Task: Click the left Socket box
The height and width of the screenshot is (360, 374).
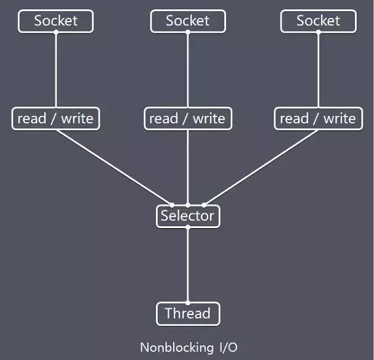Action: pyautogui.click(x=55, y=21)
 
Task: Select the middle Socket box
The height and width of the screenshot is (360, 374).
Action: pyautogui.click(x=187, y=21)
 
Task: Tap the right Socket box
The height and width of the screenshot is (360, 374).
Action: pyautogui.click(x=318, y=21)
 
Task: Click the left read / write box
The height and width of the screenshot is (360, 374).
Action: pyautogui.click(x=55, y=118)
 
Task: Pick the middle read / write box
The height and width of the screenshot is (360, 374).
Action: pyautogui.click(x=187, y=118)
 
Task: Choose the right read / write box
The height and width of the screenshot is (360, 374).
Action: pyautogui.click(x=318, y=118)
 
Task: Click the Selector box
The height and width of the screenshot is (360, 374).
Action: pyautogui.click(x=187, y=216)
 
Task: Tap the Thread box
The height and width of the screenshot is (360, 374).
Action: pyautogui.click(x=187, y=314)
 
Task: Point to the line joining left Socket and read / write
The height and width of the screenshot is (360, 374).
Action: pyautogui.click(x=55, y=70)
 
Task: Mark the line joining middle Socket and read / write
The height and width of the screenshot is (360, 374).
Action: pyautogui.click(x=187, y=70)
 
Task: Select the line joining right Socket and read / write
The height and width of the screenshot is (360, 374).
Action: pyautogui.click(x=318, y=70)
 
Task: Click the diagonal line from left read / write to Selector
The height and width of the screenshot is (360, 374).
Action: pyautogui.click(x=114, y=167)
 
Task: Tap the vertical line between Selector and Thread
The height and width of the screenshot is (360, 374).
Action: pyautogui.click(x=187, y=265)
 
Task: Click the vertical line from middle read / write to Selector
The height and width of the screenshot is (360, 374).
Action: pyautogui.click(x=187, y=167)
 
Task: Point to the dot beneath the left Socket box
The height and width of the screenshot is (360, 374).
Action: pyautogui.click(x=55, y=33)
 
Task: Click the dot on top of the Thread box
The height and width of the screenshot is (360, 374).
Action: pyautogui.click(x=187, y=302)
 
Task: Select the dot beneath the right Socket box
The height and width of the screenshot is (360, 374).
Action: pyautogui.click(x=318, y=33)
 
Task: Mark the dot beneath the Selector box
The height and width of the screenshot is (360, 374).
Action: pyautogui.click(x=187, y=227)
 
